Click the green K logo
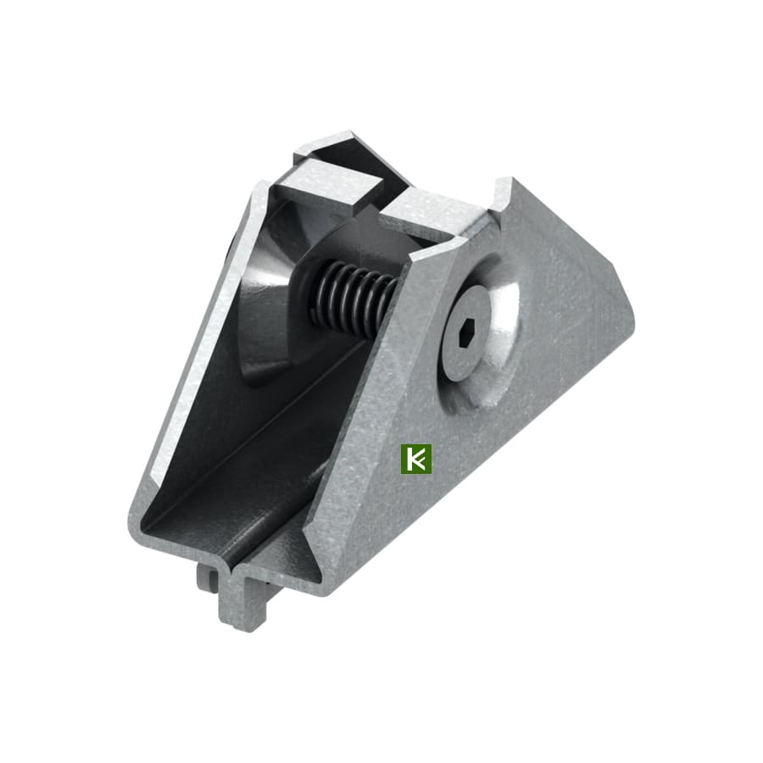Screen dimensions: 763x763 point(415,459)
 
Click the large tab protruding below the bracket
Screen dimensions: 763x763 point(242,598)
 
